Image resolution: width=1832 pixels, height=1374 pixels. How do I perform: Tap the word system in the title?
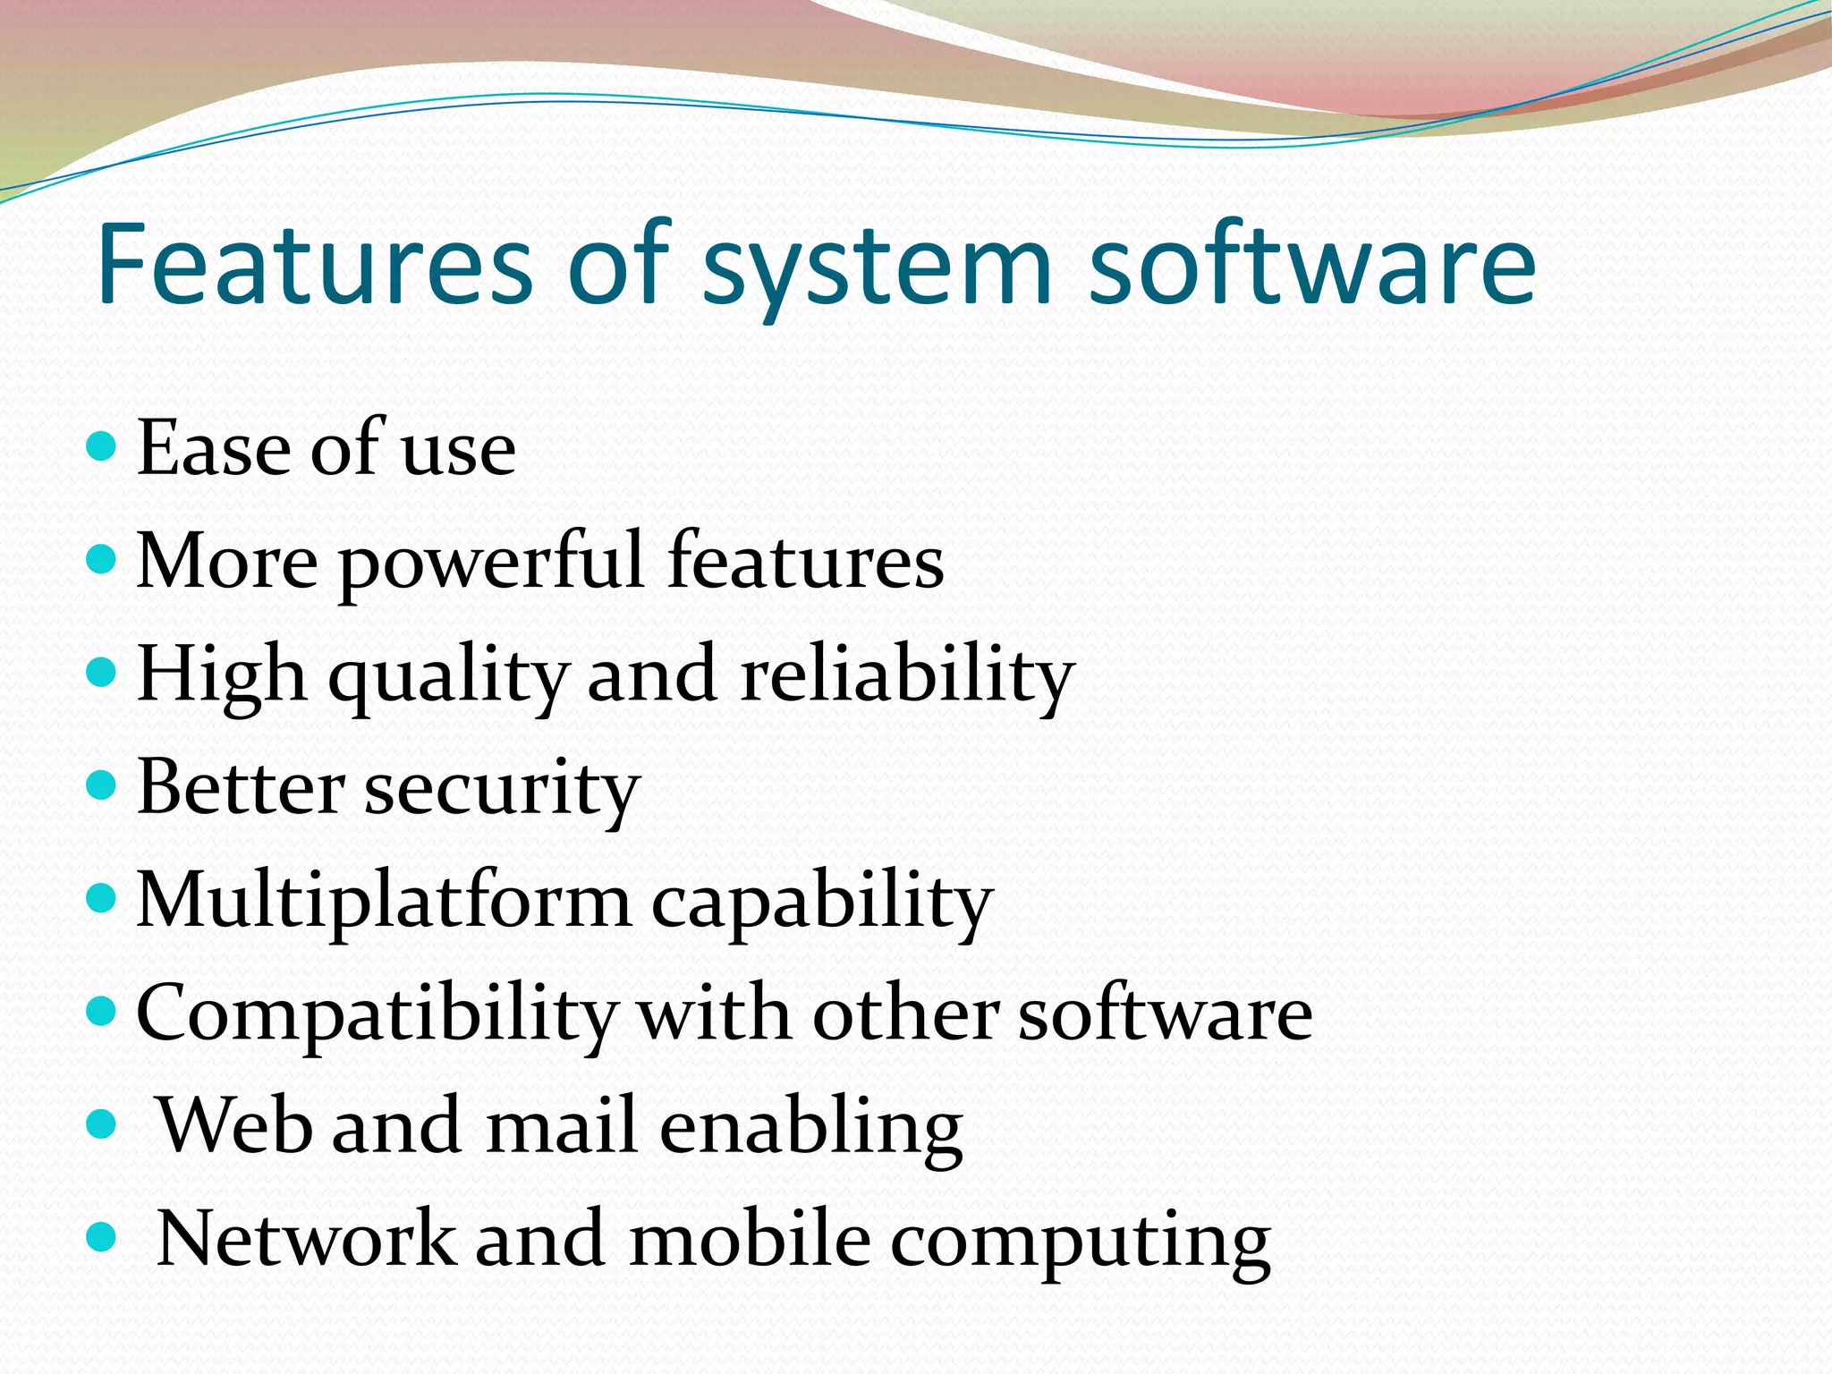coord(877,268)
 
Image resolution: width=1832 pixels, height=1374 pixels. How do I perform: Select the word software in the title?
coord(1311,264)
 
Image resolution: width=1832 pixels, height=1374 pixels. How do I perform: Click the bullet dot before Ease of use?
coord(103,445)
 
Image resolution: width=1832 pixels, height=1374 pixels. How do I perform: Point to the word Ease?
coord(214,448)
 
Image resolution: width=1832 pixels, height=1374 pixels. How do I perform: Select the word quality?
coord(447,678)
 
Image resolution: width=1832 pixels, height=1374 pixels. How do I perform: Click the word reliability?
coord(907,676)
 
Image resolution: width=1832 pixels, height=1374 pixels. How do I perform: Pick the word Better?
coord(241,788)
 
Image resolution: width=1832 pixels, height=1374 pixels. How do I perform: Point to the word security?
coord(502,792)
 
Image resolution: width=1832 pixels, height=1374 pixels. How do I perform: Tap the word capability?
coord(822,904)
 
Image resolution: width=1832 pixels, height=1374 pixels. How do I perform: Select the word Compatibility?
coord(377,1016)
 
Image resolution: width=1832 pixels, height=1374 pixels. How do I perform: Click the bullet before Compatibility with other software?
coord(103,1011)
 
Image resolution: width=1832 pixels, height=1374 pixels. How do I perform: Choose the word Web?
coord(235,1125)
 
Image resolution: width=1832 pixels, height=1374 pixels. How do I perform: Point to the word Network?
coord(305,1239)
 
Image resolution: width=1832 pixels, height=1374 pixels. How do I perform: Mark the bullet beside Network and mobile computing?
coord(103,1237)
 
